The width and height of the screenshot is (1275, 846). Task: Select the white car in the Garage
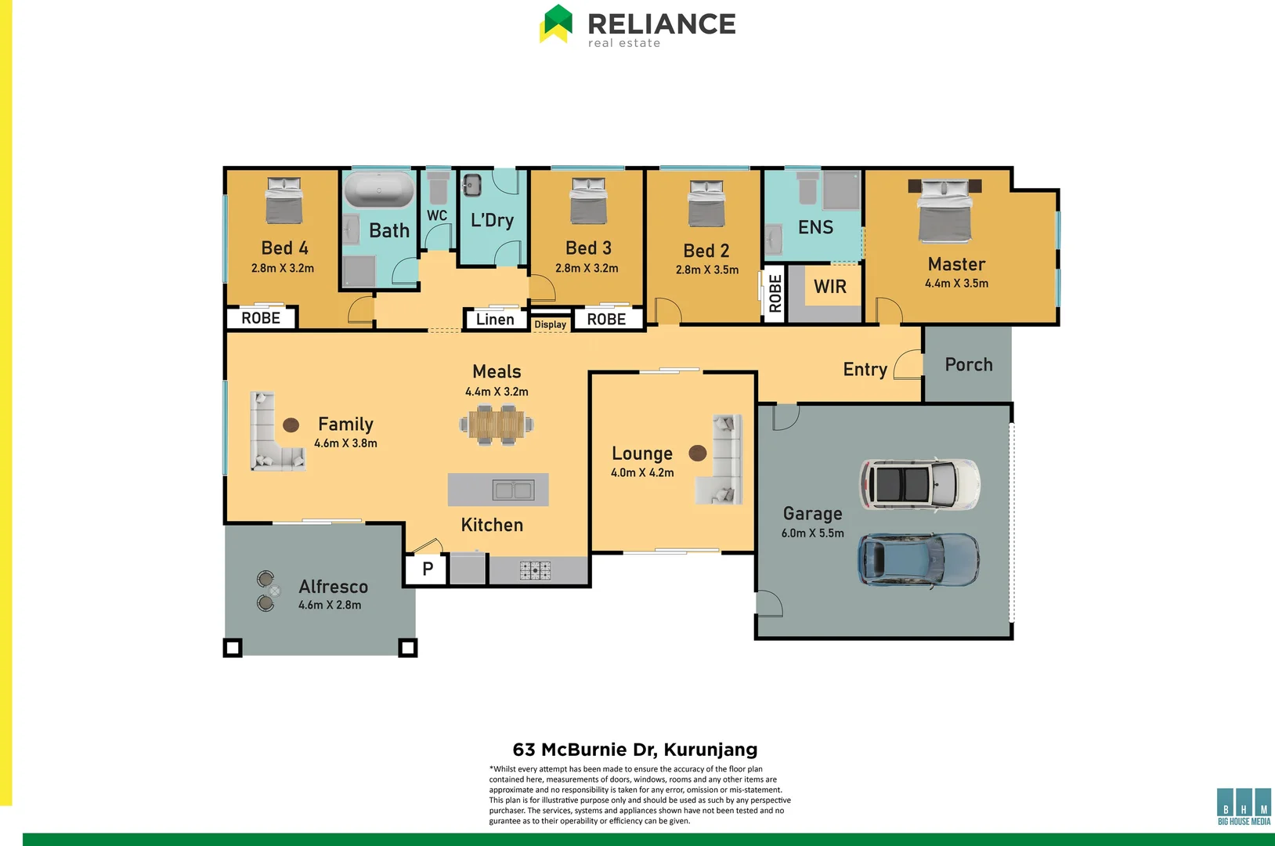coord(919,484)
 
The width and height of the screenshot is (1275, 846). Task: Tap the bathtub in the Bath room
coord(379,190)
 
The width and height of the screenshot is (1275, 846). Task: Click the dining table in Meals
coord(497,425)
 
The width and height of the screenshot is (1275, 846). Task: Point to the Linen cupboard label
coord(495,320)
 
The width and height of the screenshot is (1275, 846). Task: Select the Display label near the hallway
coord(550,324)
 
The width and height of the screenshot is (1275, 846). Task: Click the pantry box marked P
coord(427,569)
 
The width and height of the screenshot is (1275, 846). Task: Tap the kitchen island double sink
coord(513,490)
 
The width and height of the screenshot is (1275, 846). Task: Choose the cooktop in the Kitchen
coord(535,570)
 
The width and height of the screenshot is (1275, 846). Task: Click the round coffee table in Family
coord(291,425)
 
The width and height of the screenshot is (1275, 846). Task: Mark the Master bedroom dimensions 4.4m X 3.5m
coord(956,284)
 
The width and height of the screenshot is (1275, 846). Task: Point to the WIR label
coord(829,287)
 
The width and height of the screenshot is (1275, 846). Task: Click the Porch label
coord(968,365)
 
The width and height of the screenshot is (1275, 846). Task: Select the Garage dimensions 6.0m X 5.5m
coord(812,533)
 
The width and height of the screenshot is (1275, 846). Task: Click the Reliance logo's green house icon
coord(556,23)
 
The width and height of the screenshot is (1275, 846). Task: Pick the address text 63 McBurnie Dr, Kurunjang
coord(634,750)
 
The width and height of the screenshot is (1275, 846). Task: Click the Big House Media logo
coord(1244,807)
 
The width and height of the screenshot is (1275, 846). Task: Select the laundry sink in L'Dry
coord(471,186)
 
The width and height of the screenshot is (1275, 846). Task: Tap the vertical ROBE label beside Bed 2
coord(775,294)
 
